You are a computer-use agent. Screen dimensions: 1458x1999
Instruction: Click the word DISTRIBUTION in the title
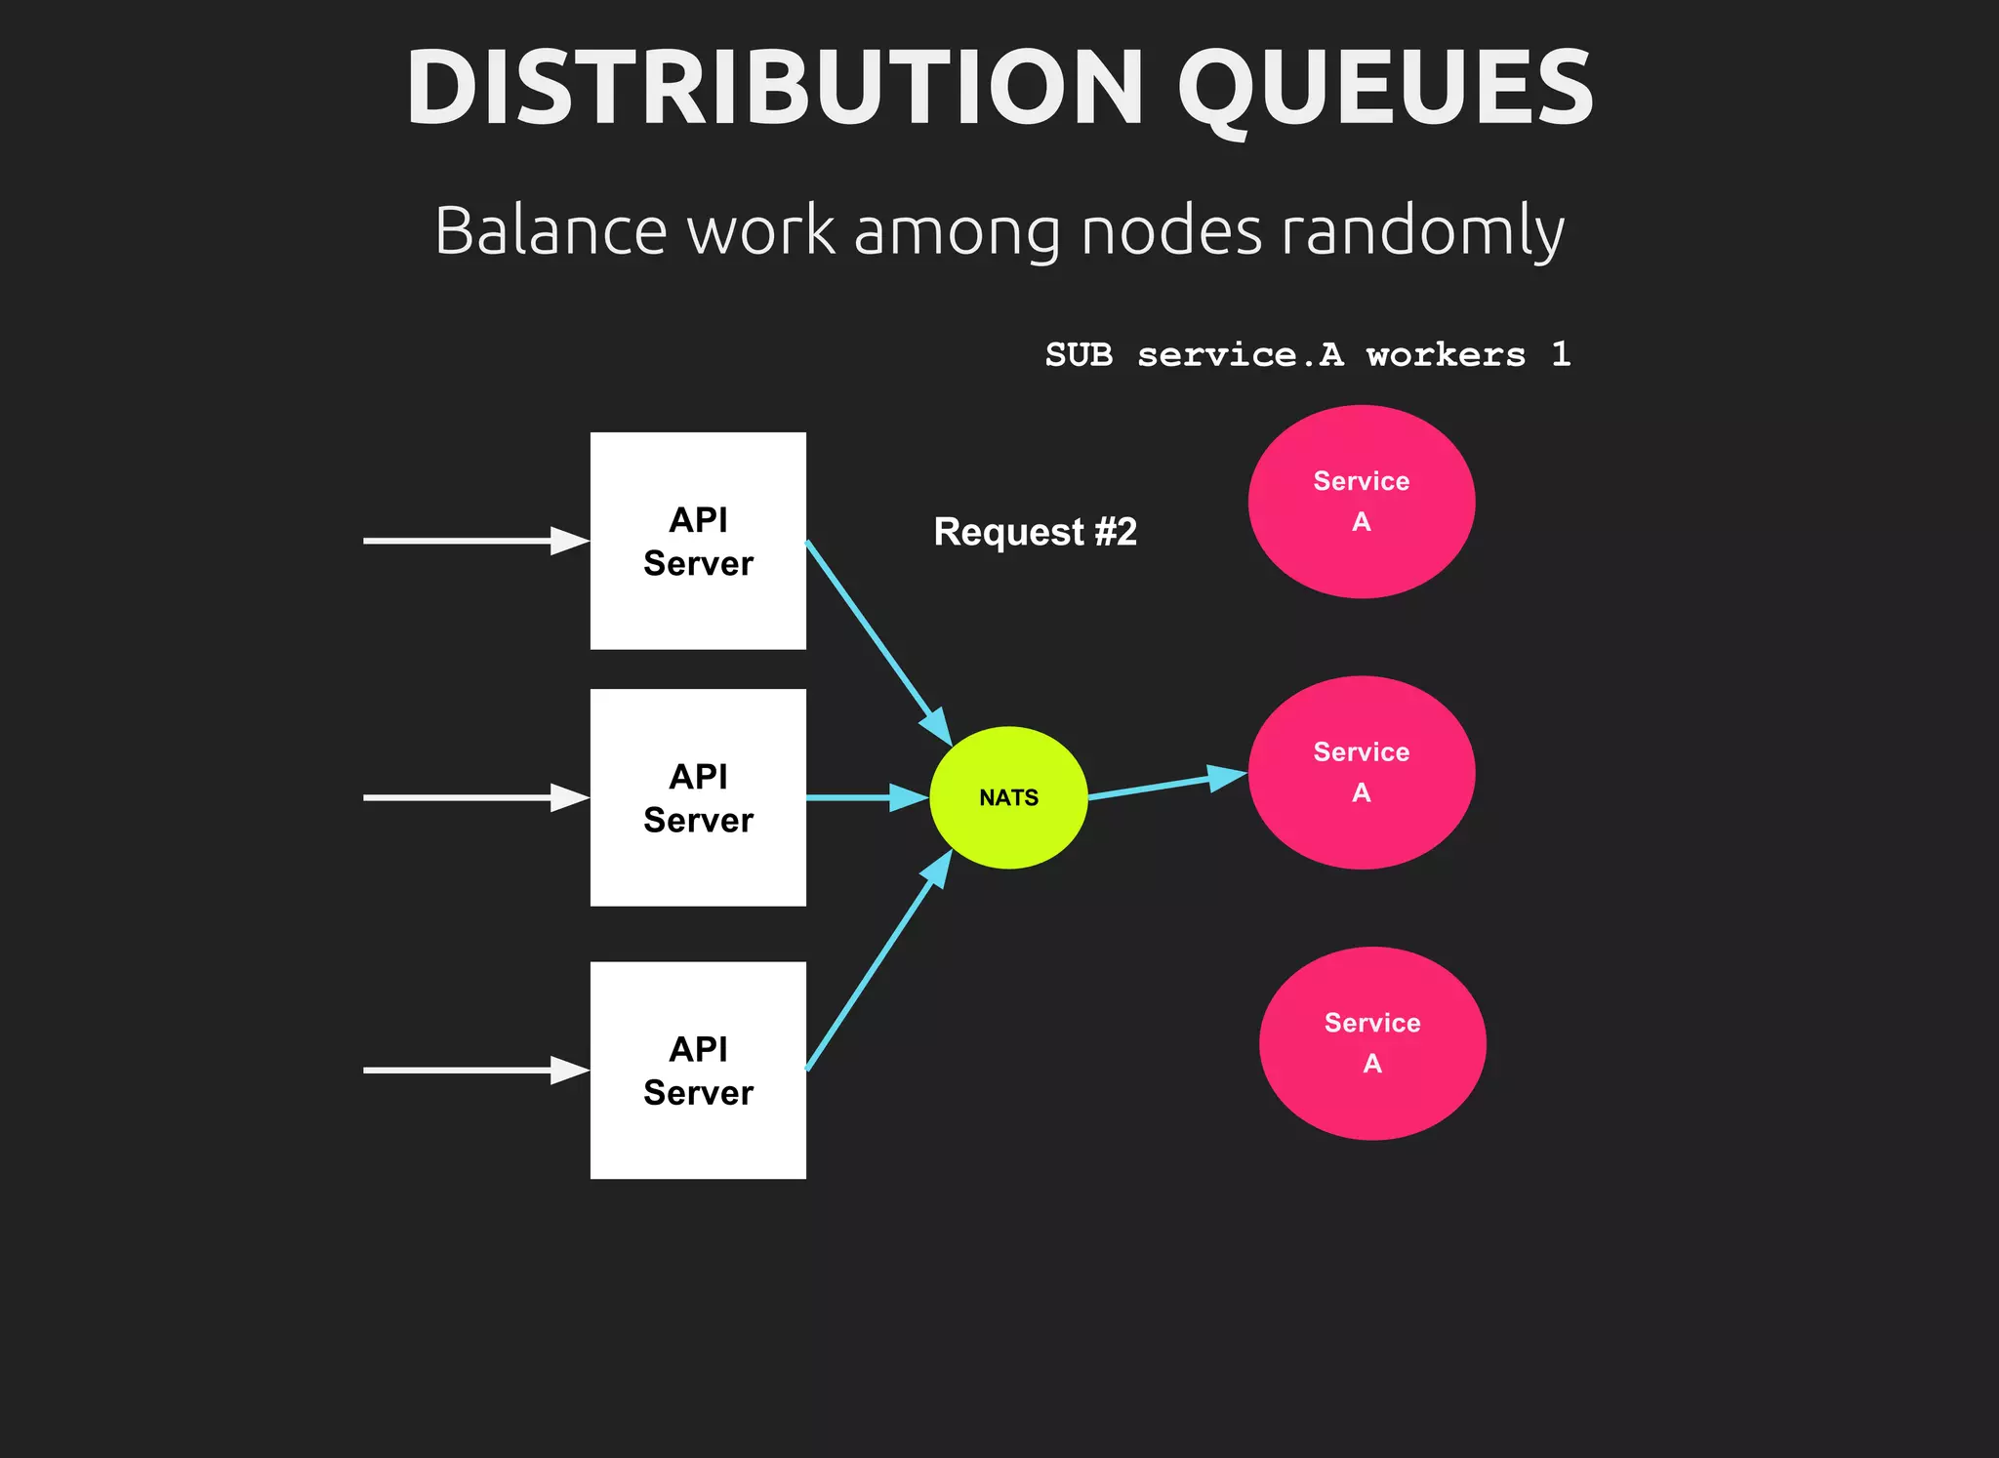[x=774, y=88]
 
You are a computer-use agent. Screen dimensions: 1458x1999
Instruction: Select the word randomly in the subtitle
[x=1422, y=231]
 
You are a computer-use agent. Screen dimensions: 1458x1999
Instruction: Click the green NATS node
[x=1008, y=797]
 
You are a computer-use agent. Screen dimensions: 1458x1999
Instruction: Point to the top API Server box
[x=698, y=541]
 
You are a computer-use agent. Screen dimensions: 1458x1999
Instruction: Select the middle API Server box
[x=698, y=797]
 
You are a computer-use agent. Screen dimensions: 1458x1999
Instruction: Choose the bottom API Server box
[x=698, y=1070]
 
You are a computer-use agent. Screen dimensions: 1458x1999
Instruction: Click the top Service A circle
[x=1361, y=502]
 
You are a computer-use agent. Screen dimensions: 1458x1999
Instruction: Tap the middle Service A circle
[x=1361, y=772]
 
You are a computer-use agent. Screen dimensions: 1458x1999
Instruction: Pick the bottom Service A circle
[x=1371, y=1043]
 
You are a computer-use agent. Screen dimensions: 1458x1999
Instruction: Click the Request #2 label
[x=1035, y=532]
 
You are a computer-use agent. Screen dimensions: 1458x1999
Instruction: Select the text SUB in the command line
[x=1079, y=354]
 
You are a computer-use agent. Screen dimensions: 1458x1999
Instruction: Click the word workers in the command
[x=1446, y=354]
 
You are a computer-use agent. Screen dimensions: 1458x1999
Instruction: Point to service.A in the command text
[x=1240, y=354]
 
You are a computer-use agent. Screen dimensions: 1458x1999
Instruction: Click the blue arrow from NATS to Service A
[x=1166, y=786]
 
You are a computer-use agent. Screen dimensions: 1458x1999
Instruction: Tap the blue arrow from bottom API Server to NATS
[x=878, y=961]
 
